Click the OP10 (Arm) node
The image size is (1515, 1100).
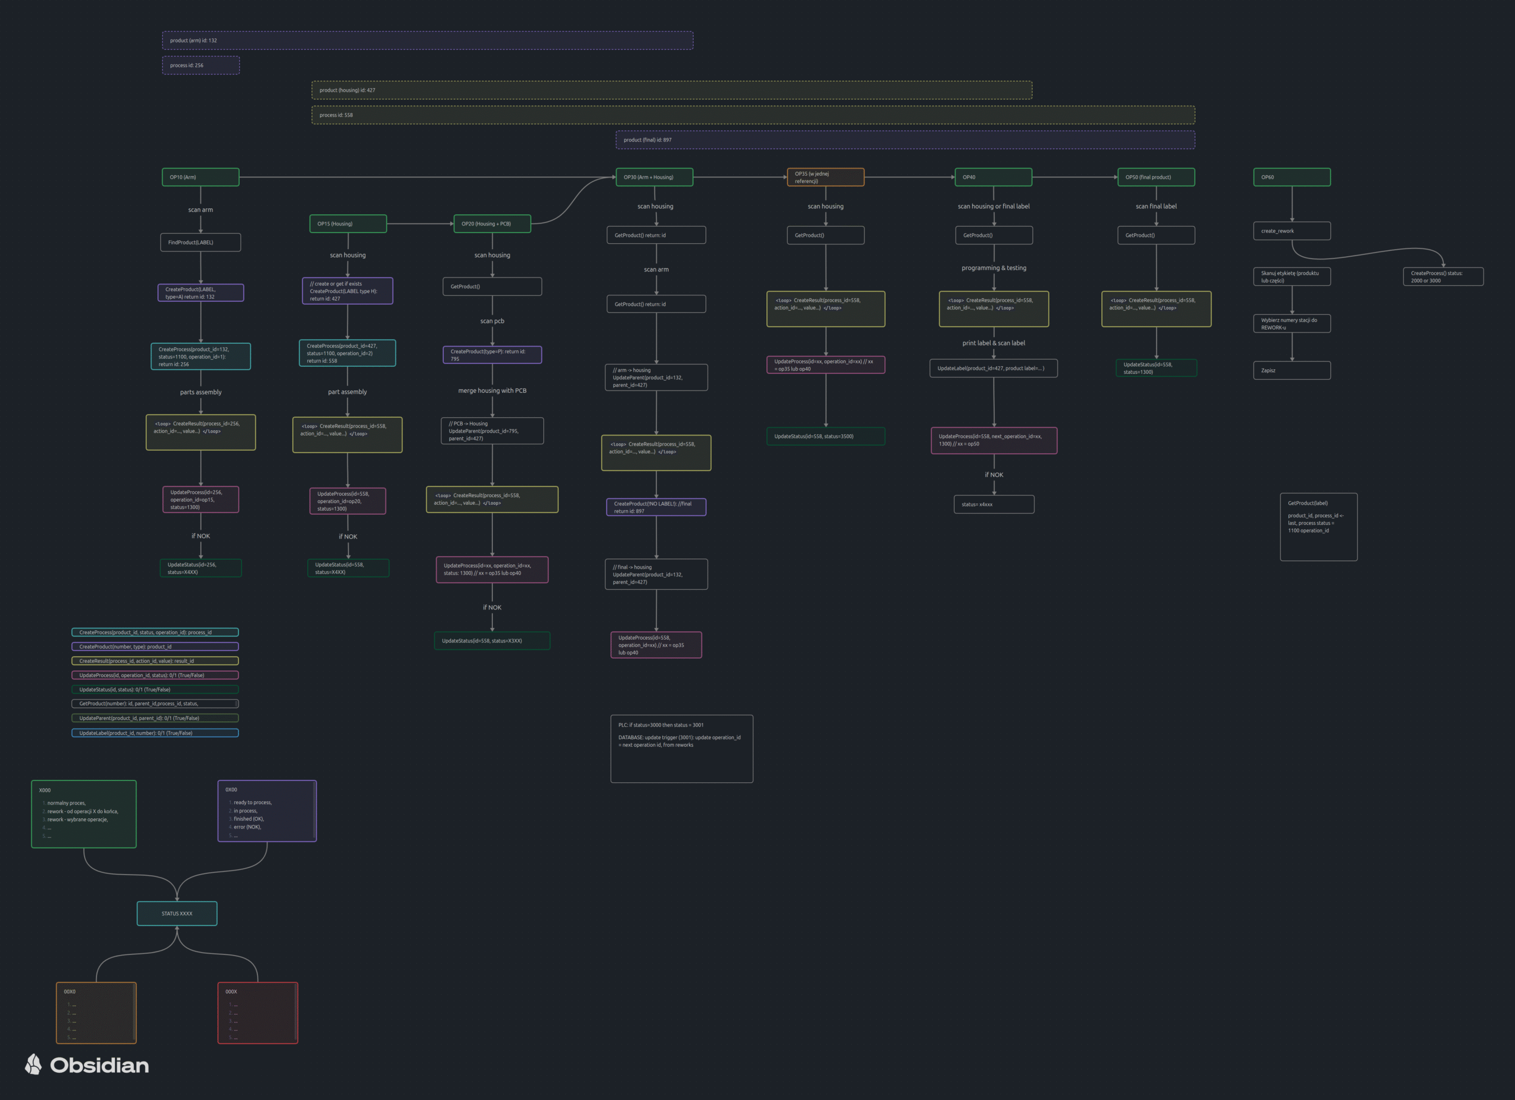(x=201, y=177)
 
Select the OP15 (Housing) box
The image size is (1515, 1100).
(x=348, y=224)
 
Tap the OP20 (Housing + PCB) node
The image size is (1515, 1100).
(x=492, y=224)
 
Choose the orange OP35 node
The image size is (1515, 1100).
(x=826, y=177)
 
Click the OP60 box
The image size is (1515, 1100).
(x=1292, y=177)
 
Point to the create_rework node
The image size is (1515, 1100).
(x=1292, y=231)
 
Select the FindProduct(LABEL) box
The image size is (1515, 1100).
(x=201, y=243)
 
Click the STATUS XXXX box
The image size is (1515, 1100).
(x=177, y=914)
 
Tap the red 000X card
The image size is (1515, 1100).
(x=258, y=1012)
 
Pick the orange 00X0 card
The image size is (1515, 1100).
(x=96, y=1012)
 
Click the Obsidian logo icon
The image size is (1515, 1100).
(x=33, y=1064)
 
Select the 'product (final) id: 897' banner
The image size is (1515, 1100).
(x=905, y=140)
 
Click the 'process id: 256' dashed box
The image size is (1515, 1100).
(x=201, y=66)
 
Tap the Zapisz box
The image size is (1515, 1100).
(x=1292, y=370)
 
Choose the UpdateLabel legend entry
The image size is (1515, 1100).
(x=155, y=733)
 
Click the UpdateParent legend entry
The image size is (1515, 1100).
(x=155, y=719)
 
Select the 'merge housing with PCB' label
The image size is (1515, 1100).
(x=492, y=391)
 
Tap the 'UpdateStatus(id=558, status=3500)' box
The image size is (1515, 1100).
(x=826, y=436)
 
